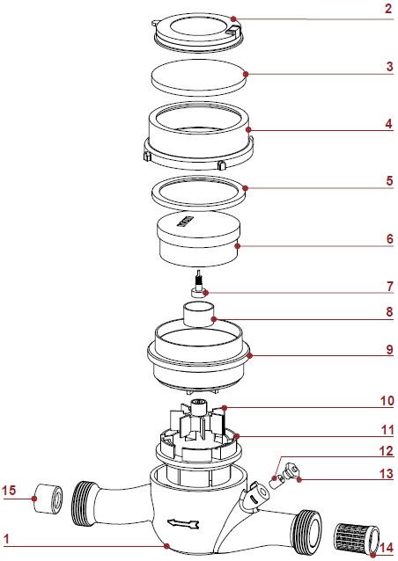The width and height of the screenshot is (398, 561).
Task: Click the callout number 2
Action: pos(388,8)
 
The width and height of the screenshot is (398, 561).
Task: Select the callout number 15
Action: pos(9,490)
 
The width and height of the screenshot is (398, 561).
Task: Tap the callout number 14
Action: pos(387,548)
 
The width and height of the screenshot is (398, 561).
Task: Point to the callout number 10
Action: pos(387,401)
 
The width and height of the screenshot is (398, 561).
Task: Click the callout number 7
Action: pos(389,287)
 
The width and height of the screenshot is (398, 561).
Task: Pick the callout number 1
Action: pos(5,539)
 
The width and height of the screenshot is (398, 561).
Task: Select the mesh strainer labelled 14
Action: pos(357,539)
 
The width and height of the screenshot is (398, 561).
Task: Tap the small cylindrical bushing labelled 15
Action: pos(48,499)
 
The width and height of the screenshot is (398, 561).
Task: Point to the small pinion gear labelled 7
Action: pos(198,287)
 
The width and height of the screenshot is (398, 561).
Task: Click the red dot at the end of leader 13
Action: pos(298,479)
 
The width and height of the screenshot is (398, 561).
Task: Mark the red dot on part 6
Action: pos(237,246)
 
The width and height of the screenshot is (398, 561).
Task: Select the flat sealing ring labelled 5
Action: pos(198,193)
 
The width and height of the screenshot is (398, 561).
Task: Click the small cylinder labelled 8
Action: pos(198,315)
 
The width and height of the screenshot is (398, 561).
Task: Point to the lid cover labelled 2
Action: pos(198,32)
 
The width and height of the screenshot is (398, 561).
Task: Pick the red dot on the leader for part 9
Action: pos(250,355)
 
